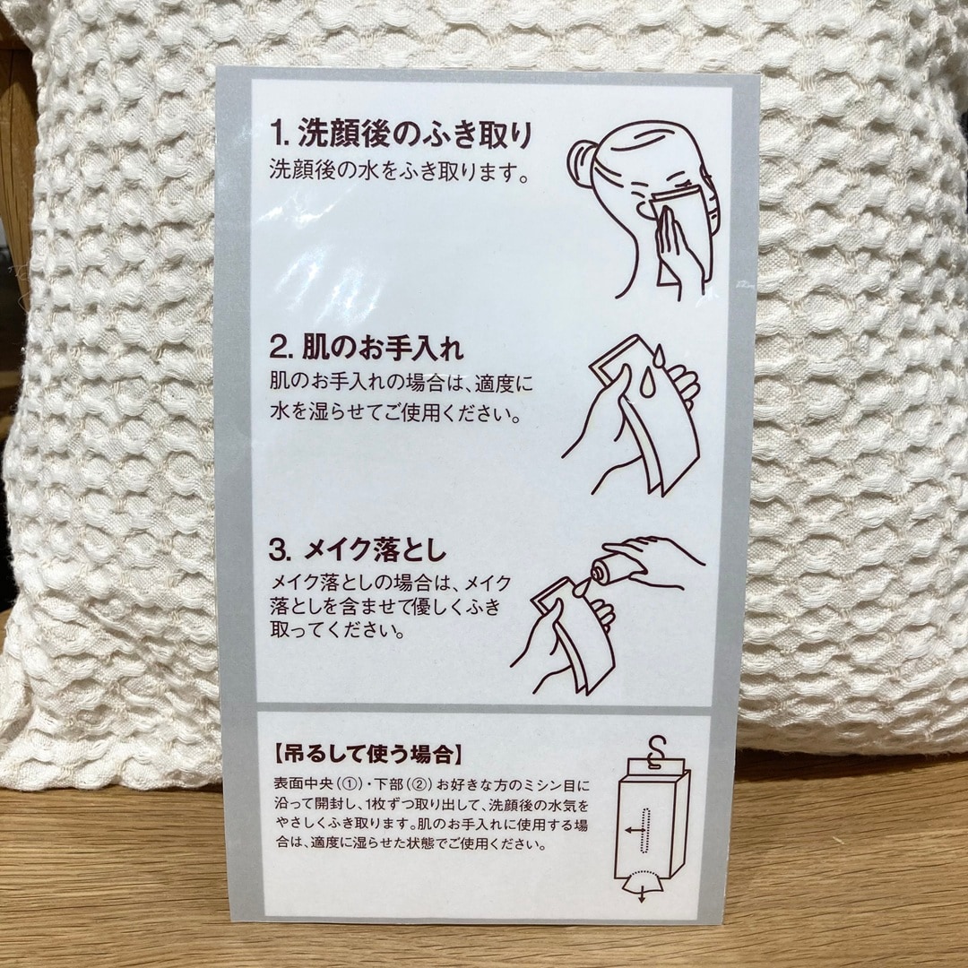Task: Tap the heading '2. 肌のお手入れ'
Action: (x=367, y=347)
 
